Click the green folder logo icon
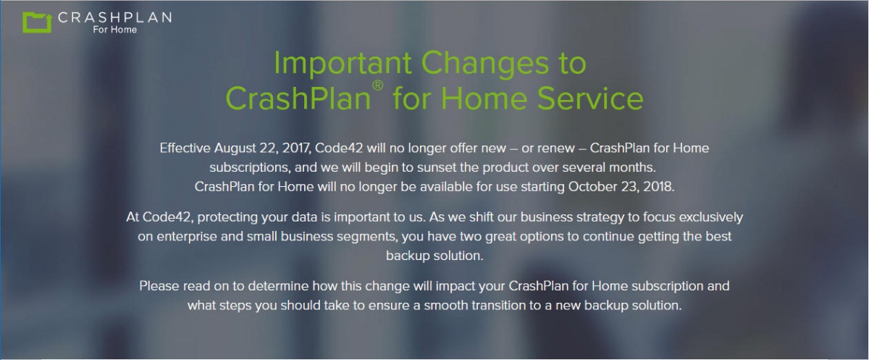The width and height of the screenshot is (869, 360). click(37, 22)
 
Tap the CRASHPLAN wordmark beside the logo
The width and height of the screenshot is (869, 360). click(115, 17)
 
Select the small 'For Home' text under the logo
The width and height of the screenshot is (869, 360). click(115, 30)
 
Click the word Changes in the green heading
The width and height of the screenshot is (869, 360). click(485, 64)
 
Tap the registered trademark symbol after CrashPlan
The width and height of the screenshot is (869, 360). click(378, 85)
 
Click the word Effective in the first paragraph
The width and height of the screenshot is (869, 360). click(185, 148)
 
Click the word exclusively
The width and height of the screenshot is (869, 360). click(710, 218)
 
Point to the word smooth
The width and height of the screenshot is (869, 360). click(446, 306)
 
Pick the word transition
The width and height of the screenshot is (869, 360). click(500, 306)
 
